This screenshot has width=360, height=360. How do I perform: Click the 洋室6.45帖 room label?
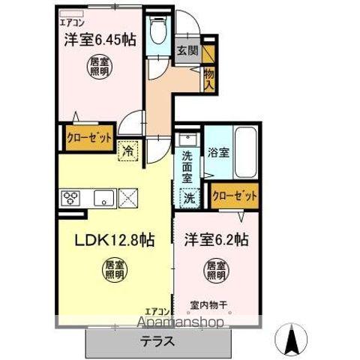100,40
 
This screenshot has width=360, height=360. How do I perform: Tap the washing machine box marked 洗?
191,199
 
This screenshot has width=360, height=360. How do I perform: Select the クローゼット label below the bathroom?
234,196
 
